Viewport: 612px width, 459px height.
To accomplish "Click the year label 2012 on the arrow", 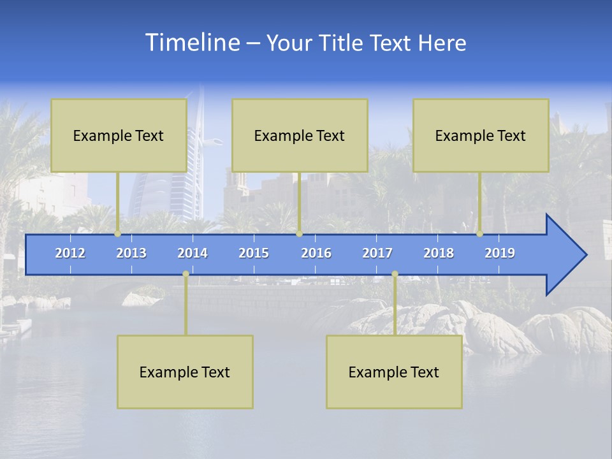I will point(70,253).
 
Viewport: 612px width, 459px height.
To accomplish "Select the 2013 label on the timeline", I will point(131,253).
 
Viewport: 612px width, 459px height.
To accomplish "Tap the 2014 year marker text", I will point(193,253).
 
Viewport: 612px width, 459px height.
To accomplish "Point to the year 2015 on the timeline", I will point(254,253).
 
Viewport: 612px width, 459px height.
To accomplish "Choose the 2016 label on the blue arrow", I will point(316,253).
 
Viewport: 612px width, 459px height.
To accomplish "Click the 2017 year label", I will point(377,253).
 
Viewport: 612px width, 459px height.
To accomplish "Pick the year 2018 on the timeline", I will point(439,253).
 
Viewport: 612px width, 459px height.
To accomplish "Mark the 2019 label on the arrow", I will point(500,253).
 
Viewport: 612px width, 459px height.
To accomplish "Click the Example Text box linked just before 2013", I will point(119,136).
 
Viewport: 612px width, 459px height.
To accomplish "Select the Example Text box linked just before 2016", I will point(300,136).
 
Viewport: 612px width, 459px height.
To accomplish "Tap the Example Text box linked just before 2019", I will point(481,136).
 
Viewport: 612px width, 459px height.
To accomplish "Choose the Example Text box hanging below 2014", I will point(185,372).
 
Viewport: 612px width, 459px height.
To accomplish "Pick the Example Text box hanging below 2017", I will point(394,372).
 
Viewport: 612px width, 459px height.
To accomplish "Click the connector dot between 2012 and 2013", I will point(118,234).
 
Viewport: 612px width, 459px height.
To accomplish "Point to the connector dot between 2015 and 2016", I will point(299,234).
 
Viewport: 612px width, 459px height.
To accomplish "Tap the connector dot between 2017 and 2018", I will point(395,274).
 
